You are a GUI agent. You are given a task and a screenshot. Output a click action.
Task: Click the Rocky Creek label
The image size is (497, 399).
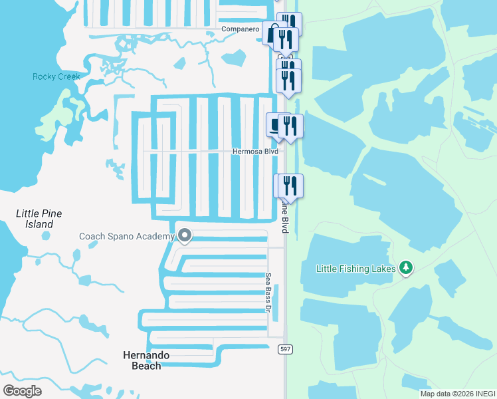click(x=56, y=77)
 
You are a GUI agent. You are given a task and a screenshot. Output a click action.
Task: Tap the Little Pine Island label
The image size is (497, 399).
click(x=39, y=219)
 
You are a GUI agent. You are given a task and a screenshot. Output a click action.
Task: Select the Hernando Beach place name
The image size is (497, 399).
click(x=146, y=360)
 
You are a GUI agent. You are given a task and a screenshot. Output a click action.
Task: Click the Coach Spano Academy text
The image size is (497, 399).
click(x=126, y=236)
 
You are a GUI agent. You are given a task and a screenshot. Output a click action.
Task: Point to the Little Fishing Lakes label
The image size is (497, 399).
click(x=357, y=269)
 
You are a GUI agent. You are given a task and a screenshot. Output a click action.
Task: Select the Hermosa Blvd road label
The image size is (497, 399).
click(x=255, y=152)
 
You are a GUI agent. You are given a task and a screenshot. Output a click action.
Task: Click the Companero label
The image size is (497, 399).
click(x=239, y=30)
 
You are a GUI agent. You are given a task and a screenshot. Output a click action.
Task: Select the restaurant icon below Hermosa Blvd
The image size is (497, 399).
click(x=290, y=184)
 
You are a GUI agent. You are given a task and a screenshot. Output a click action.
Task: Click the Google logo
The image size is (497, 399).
click(x=23, y=391)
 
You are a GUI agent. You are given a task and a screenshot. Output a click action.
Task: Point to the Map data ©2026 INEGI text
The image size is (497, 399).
click(x=458, y=394)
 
